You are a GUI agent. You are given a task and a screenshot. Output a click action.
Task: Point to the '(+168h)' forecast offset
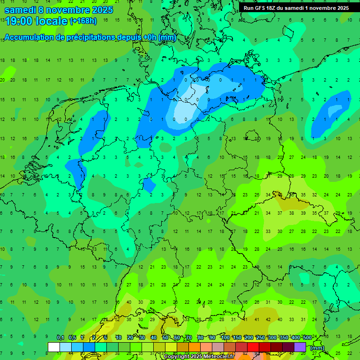click(83, 21)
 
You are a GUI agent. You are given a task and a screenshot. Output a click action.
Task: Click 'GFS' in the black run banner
click(261, 8)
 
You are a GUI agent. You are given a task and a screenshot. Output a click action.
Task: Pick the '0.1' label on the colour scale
click(60, 338)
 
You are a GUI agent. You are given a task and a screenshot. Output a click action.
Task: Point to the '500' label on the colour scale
click(307, 338)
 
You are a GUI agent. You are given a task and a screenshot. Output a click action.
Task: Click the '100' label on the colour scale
click(225, 338)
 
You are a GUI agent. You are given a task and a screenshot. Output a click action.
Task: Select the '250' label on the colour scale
click(260, 338)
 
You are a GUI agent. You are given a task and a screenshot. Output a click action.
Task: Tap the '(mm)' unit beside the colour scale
click(317, 348)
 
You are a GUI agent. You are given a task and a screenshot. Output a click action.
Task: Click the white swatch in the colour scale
click(54, 347)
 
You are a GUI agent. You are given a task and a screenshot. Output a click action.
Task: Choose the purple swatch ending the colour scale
click(300, 347)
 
